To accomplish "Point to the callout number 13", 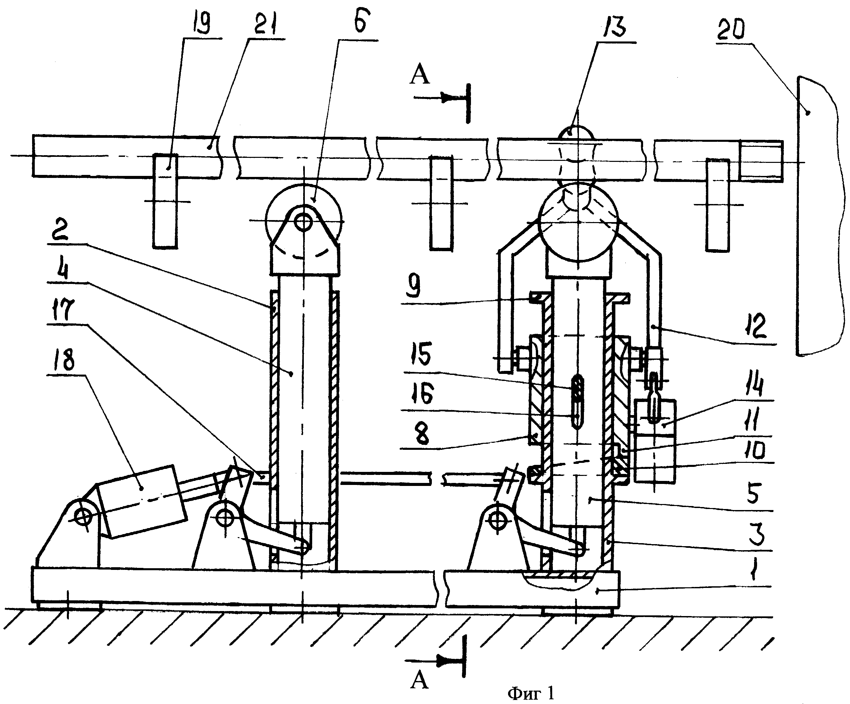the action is [614, 26].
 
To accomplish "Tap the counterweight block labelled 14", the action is [655, 441].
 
